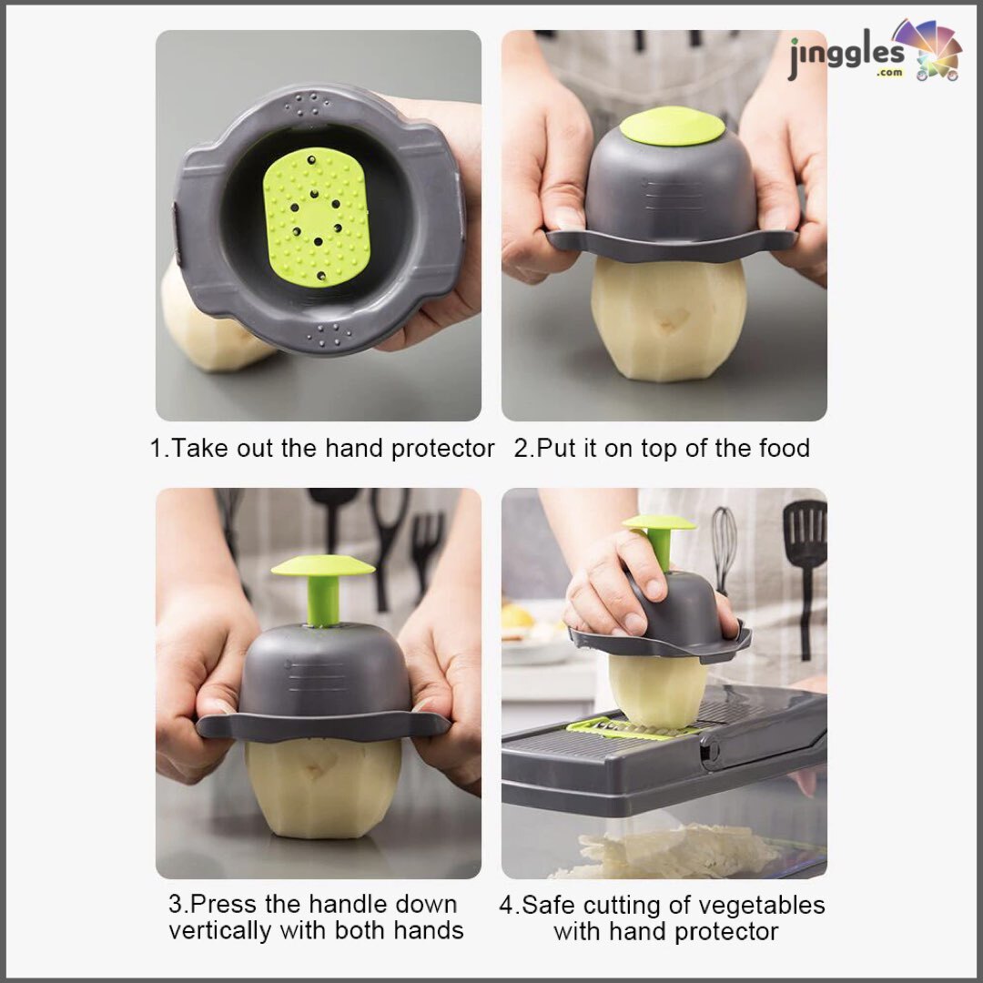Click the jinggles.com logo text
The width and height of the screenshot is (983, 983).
[x=846, y=57]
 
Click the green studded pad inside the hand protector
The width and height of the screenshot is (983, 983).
[x=316, y=217]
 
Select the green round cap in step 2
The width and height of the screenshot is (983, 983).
[x=672, y=126]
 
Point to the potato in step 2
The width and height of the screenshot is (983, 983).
[x=669, y=318]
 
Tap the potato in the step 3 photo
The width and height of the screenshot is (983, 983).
[x=323, y=786]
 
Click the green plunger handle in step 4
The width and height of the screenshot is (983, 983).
[x=659, y=540]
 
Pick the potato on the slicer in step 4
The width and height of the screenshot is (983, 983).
[x=658, y=691]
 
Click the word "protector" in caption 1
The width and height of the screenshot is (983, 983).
[x=442, y=449]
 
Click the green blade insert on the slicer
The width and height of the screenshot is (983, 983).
[x=633, y=728]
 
